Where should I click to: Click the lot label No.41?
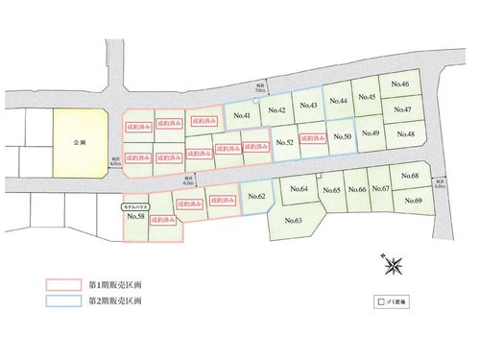click(242, 116)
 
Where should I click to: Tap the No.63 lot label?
click(294, 221)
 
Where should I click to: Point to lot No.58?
click(135, 217)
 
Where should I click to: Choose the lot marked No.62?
click(256, 197)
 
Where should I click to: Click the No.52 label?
click(283, 143)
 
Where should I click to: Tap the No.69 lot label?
click(413, 200)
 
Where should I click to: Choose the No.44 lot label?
click(337, 100)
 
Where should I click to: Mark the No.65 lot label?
click(333, 190)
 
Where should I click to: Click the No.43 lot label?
click(308, 106)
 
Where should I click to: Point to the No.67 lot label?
click(380, 189)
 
